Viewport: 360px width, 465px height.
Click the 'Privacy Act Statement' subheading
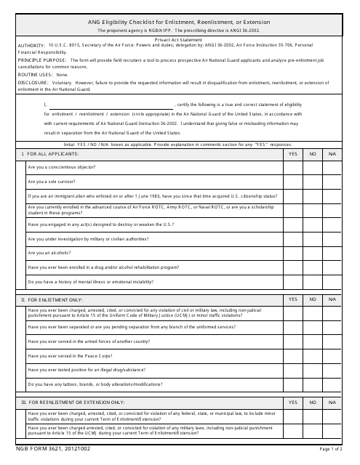[x=180, y=39]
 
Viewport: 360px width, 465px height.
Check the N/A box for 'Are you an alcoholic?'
[x=333, y=253]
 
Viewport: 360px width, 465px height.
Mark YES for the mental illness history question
[x=292, y=281]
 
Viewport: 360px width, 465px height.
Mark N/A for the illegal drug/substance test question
[x=333, y=369]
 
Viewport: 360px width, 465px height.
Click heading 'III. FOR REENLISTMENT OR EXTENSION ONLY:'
[x=73, y=402]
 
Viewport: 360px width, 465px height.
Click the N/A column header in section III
[x=333, y=402]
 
